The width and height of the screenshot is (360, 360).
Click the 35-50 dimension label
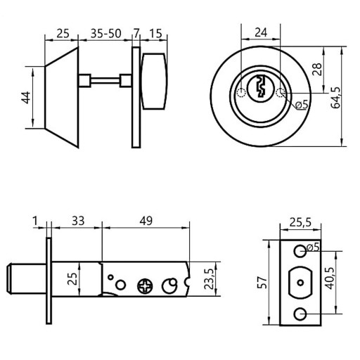pyautogui.click(x=106, y=34)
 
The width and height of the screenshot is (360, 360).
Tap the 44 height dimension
pyautogui.click(x=26, y=98)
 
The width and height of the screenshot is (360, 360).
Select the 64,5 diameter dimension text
pyautogui.click(x=336, y=98)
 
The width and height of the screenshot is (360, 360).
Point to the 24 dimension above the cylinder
pyautogui.click(x=261, y=32)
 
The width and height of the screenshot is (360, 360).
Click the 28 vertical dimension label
pyautogui.click(x=317, y=69)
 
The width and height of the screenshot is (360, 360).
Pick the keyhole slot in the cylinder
pyautogui.click(x=261, y=86)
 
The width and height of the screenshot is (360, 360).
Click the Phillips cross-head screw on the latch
pyautogui.click(x=145, y=286)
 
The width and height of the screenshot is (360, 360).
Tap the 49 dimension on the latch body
pyautogui.click(x=146, y=221)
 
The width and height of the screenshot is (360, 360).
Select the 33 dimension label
pyautogui.click(x=78, y=221)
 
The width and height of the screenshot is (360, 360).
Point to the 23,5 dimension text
pyautogui.click(x=209, y=279)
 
